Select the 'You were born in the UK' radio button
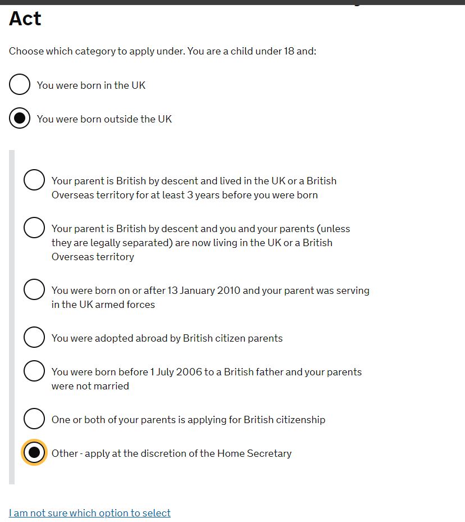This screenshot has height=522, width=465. [20, 84]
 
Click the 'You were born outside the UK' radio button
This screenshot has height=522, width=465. [20, 118]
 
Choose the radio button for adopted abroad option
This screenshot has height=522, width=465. [34, 337]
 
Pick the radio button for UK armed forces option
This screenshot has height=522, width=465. [34, 289]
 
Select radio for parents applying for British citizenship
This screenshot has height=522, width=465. [34, 419]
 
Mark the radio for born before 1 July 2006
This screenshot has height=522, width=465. [34, 371]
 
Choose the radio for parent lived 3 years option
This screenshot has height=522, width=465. [34, 180]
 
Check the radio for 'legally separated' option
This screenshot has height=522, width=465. [34, 228]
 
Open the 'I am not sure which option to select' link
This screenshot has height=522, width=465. [90, 513]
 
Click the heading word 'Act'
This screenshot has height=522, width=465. [25, 19]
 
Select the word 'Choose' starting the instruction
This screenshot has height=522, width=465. [26, 52]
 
